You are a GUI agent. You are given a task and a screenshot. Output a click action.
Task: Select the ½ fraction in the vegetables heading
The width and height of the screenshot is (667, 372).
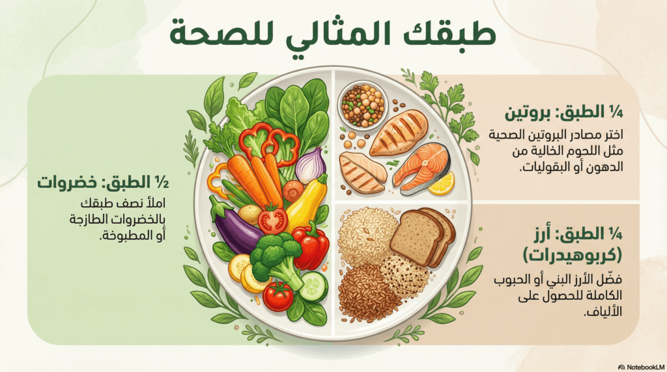point(162,183)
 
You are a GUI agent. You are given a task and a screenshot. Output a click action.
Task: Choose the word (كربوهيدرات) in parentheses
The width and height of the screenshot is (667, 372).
point(572,255)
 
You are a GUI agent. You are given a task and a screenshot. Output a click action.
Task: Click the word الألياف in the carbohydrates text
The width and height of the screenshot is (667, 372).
point(603,312)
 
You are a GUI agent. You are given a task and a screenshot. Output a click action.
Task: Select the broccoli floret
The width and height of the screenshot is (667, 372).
point(275,257)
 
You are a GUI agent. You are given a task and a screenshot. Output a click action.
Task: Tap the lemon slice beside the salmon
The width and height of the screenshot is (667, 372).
point(441,183)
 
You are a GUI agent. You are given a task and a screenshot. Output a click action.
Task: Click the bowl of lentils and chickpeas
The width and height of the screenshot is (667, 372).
point(363,105)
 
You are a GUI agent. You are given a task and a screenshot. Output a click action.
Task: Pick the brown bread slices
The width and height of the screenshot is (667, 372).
point(422,236)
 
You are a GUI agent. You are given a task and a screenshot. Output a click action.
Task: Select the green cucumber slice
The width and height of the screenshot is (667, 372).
point(313,286)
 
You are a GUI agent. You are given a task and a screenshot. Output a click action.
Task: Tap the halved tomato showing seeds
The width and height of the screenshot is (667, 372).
point(273,219)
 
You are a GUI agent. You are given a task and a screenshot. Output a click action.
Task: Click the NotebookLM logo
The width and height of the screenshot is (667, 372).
point(641,367)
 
